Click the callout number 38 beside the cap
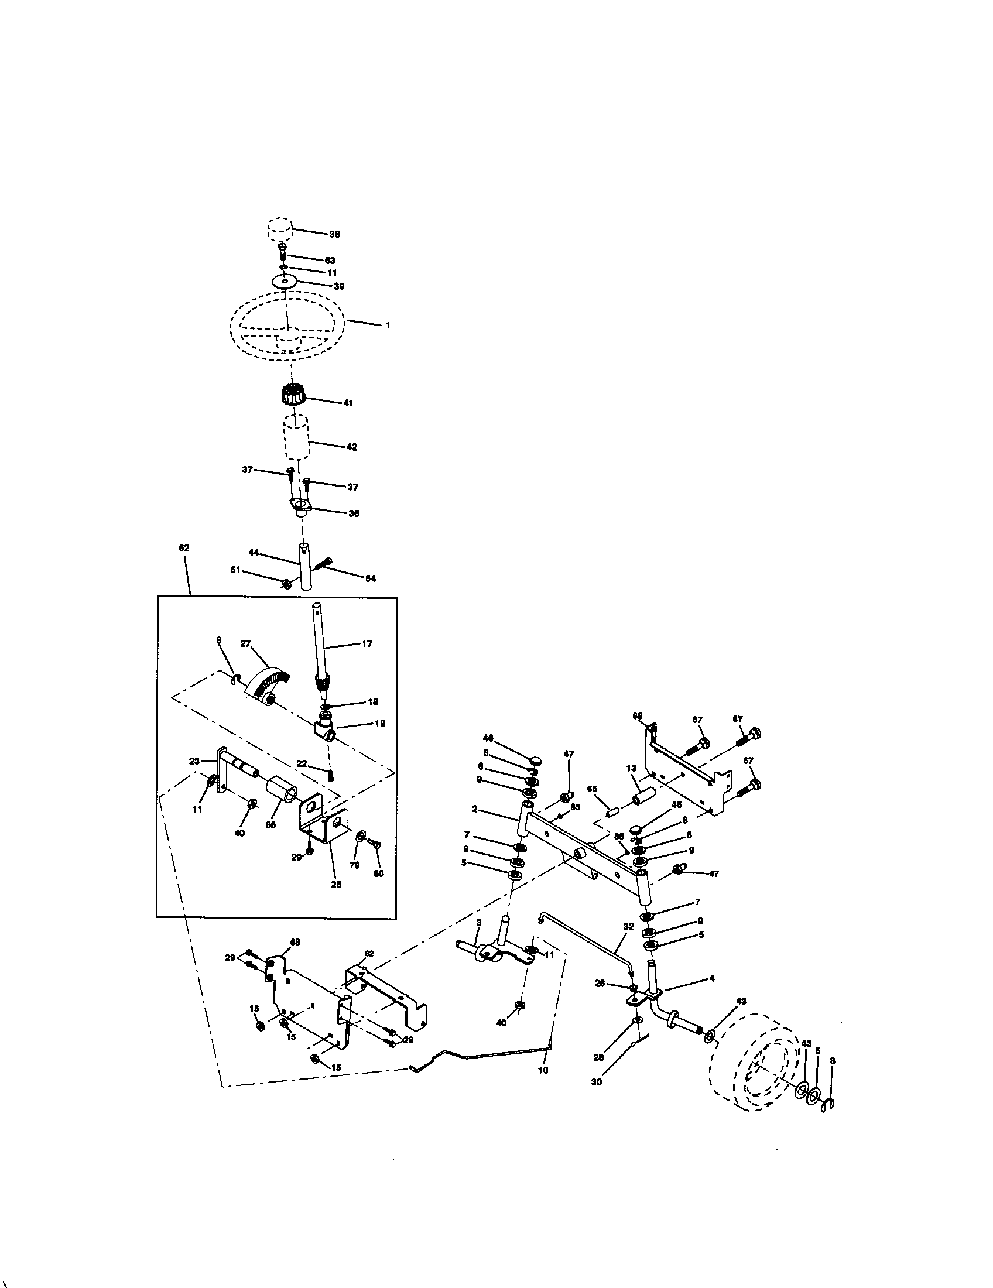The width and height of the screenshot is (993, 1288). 334,234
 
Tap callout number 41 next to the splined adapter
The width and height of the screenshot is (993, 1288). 348,403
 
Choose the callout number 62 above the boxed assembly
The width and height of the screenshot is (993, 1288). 184,548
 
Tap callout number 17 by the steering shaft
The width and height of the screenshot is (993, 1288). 367,643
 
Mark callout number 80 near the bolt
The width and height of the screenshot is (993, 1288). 379,873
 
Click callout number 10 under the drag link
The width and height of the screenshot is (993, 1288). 543,1070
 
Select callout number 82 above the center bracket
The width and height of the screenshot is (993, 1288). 369,953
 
